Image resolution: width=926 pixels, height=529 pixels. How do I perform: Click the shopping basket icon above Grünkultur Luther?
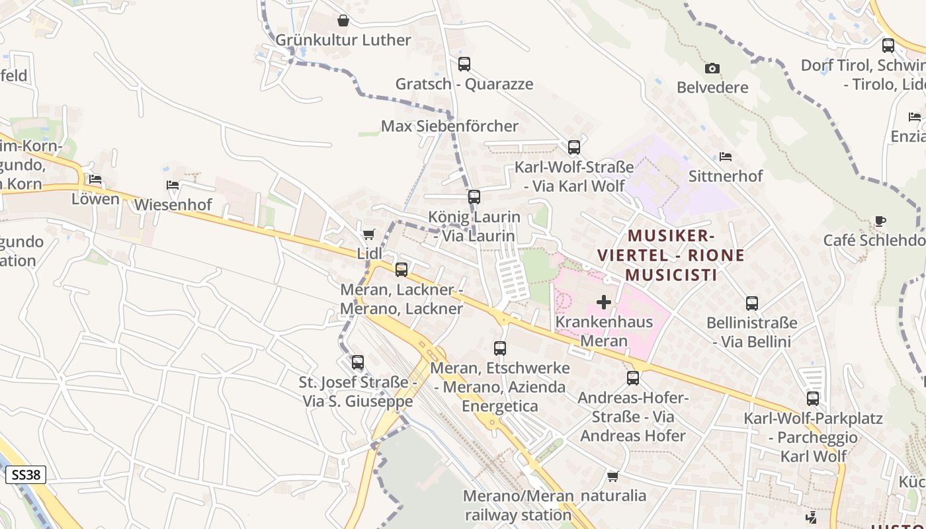(343, 20)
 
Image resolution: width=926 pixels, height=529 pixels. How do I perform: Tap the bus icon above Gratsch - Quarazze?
(464, 64)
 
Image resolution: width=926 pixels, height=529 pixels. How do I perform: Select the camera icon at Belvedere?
(712, 68)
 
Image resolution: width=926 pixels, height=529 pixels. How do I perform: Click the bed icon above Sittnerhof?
(726, 157)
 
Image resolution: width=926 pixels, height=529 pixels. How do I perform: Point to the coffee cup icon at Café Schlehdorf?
(880, 221)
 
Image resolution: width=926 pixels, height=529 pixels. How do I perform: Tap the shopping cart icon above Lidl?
(369, 234)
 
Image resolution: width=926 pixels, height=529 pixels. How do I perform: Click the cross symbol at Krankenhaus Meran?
(604, 302)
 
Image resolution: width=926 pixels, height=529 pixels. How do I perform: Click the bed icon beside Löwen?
(95, 179)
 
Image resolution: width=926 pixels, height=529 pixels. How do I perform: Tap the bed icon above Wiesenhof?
(173, 185)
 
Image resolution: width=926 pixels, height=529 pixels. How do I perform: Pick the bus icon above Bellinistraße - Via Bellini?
(752, 304)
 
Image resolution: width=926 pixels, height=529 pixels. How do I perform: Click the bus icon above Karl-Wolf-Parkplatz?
(813, 399)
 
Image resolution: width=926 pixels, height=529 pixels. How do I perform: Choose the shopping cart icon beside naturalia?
(613, 476)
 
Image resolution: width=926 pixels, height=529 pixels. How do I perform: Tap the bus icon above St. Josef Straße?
(358, 362)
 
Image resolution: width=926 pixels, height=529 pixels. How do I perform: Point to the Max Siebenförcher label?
(450, 126)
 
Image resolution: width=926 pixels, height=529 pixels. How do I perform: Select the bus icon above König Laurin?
(474, 196)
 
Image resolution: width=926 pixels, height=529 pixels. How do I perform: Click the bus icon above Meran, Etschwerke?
(500, 348)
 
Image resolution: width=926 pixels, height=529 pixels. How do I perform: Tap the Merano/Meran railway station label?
(518, 505)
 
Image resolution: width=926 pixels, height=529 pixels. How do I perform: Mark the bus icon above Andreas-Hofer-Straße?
(633, 378)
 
